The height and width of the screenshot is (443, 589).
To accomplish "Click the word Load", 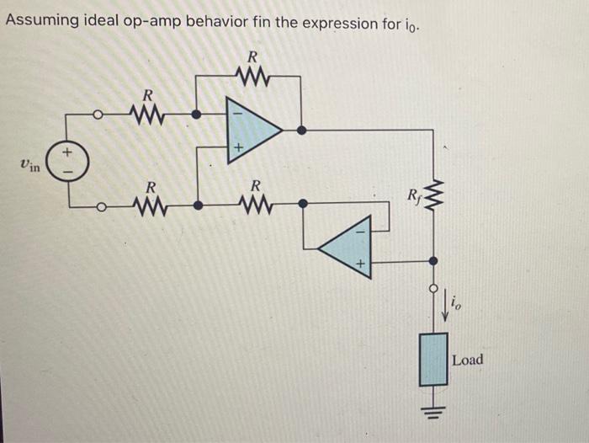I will click(468, 360).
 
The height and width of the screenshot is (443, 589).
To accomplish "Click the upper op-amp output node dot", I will click(302, 130).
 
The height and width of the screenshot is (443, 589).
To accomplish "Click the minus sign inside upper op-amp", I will click(237, 109).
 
